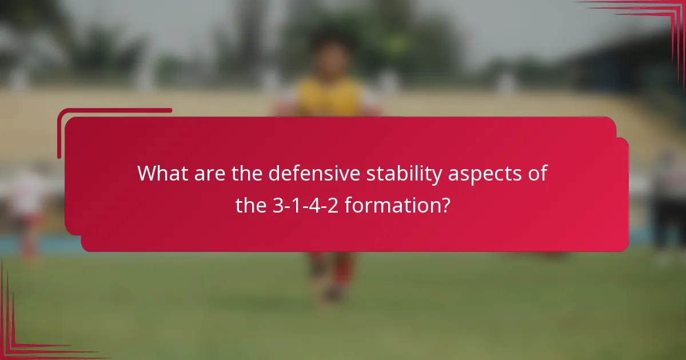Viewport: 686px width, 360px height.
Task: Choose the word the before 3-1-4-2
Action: coord(251,205)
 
